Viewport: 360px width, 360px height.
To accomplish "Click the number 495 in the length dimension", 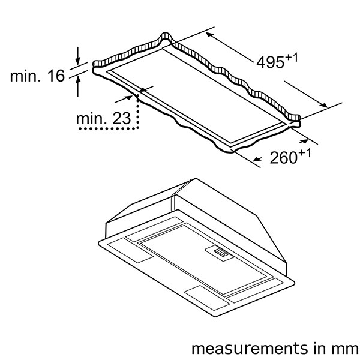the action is (x=270, y=62).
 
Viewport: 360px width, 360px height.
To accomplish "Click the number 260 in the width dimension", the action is (x=284, y=158).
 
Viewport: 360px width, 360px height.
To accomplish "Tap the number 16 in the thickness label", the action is (x=56, y=76).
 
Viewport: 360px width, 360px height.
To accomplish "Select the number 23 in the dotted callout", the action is (x=122, y=118).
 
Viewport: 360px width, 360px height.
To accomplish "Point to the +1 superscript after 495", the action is (x=292, y=58).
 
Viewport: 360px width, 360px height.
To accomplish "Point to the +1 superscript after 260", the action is (x=305, y=154).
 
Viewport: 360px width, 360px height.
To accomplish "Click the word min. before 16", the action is (x=25, y=76).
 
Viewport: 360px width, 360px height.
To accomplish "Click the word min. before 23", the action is (x=91, y=119).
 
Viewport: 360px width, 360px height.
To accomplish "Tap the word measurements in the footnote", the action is (x=250, y=349).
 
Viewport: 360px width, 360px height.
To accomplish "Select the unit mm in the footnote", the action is (x=347, y=349).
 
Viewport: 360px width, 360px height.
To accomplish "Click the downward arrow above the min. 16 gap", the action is (x=78, y=56).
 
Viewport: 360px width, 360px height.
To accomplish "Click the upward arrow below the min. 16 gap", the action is (x=78, y=86).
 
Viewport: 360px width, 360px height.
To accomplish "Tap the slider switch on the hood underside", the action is (x=221, y=253).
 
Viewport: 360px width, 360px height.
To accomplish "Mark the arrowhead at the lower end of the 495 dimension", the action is (x=324, y=105).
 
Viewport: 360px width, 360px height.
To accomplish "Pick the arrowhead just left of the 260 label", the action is (x=257, y=159).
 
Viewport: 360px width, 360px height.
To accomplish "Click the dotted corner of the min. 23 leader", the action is (x=138, y=128).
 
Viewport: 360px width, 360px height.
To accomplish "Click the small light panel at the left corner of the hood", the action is (x=130, y=250).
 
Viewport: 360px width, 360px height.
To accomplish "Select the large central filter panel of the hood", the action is (x=203, y=259).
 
